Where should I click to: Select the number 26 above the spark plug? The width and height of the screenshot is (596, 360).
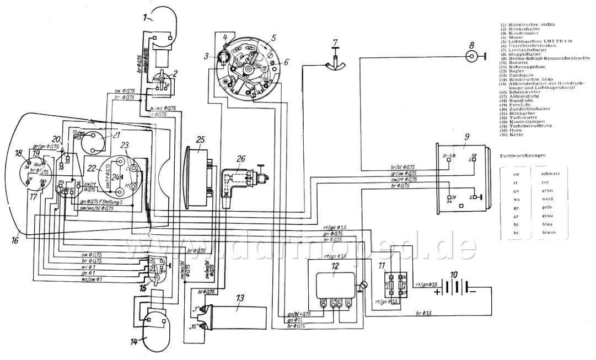tap(240, 160)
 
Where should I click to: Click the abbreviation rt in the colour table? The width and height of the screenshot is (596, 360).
tap(515, 184)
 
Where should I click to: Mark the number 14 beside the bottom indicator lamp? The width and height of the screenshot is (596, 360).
tap(134, 341)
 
